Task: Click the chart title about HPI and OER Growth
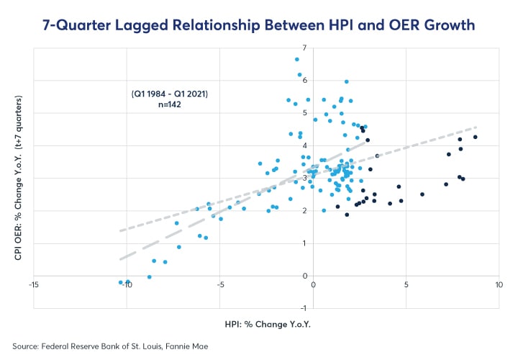point(259,27)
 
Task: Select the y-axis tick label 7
point(305,48)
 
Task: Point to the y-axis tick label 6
point(305,81)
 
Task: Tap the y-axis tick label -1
point(304,308)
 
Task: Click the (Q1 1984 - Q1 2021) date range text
point(164,94)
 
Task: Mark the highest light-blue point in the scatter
point(296,60)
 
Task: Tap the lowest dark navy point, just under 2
point(347,215)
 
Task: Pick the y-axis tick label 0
point(305,276)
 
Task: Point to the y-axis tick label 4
point(305,145)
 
